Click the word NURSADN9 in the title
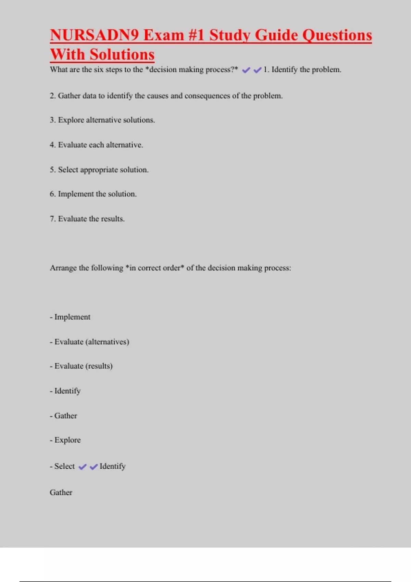tap(94, 35)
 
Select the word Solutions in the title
tap(122, 54)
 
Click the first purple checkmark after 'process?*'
tap(246, 70)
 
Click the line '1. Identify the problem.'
tap(302, 69)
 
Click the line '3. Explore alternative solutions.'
tap(102, 120)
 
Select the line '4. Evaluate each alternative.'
tap(96, 145)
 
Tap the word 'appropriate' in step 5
tap(99, 170)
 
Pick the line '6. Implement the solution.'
tap(93, 194)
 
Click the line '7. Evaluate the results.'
tap(87, 219)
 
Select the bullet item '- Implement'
tap(70, 317)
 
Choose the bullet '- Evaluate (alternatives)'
tap(89, 342)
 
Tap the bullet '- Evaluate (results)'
tap(81, 366)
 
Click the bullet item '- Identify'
tap(65, 391)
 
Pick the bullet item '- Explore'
tap(65, 440)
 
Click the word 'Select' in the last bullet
tap(64, 466)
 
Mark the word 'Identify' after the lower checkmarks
tap(112, 466)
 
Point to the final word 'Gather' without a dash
tap(61, 492)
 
